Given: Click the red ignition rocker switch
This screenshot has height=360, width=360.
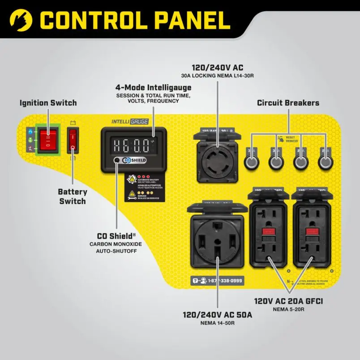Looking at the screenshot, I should [47, 139].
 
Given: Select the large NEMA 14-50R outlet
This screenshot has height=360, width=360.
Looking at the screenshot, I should [217, 240].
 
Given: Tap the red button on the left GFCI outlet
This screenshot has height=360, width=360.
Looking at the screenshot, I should [268, 232].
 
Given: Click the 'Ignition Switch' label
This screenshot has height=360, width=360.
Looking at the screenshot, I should [48, 103].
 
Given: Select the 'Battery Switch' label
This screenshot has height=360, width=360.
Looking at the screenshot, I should [73, 196].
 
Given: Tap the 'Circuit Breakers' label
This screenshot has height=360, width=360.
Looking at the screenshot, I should [288, 103].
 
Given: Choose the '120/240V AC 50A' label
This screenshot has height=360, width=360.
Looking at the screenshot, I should [217, 315].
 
